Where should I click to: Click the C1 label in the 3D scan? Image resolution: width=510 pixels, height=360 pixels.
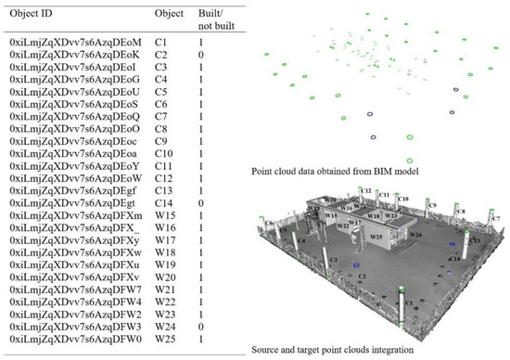coord(409,302)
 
